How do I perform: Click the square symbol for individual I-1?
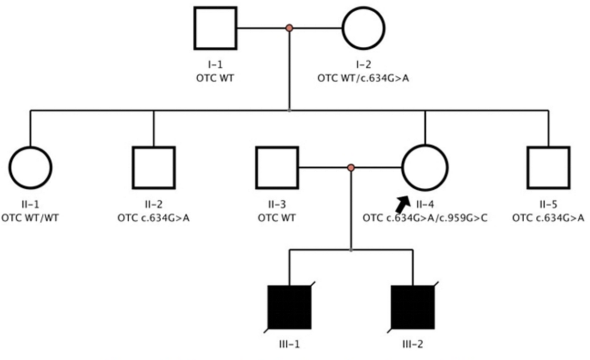point(215,29)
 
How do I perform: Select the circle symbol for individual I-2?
point(363,29)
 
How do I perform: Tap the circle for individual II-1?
point(30,168)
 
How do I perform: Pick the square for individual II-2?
point(154,168)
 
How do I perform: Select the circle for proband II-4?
point(425,168)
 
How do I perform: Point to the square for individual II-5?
point(548,168)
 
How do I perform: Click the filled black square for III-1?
point(289,307)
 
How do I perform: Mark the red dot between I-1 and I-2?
point(290,29)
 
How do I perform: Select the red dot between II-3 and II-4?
point(351,168)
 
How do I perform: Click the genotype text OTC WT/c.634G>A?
point(363,78)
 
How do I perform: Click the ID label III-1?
point(289,344)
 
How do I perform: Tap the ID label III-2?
point(413,344)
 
